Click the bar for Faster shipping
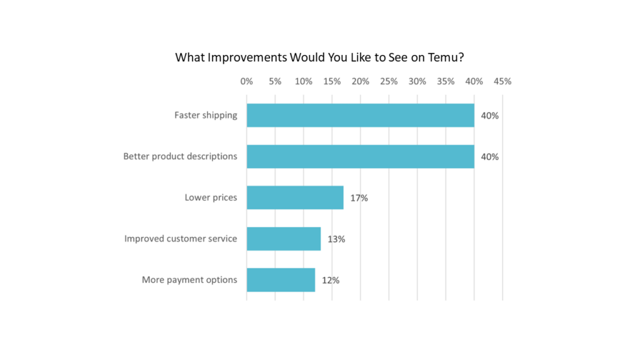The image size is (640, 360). tap(360, 115)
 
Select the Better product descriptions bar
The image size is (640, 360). tap(360, 156)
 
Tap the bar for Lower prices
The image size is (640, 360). tap(295, 197)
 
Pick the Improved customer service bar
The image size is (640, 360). tap(284, 239)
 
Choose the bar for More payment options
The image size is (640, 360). tap(281, 280)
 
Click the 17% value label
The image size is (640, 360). tap(359, 198)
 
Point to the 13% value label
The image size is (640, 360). tap(336, 239)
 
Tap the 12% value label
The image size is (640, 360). tap(331, 281)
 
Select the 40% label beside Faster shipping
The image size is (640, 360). tap(490, 116)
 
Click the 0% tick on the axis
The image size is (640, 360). tap(246, 81)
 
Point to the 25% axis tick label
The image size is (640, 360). tap(389, 81)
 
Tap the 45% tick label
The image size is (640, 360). tap(502, 81)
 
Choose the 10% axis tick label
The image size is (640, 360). tap(303, 81)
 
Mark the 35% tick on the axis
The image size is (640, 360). tap(446, 81)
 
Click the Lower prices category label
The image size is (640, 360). tap(211, 197)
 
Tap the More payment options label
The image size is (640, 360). tap(189, 280)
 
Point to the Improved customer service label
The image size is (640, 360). tap(181, 239)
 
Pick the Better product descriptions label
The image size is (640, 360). tap(180, 156)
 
